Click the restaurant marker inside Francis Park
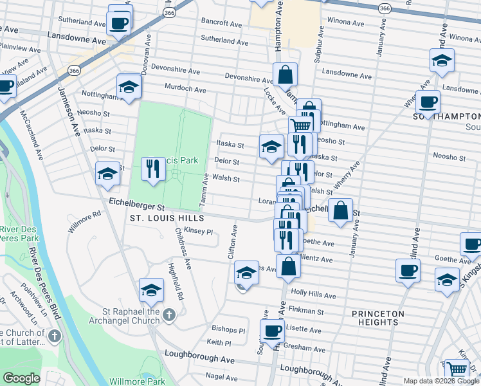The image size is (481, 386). (152, 169)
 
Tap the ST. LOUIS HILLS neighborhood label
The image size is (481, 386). (167, 219)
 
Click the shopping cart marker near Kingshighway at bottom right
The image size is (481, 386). (457, 369)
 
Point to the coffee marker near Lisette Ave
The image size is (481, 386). (273, 331)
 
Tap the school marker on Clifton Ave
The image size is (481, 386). (246, 273)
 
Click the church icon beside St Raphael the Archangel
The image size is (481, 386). (168, 314)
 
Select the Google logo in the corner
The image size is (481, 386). (21, 378)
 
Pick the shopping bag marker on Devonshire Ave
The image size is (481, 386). (285, 75)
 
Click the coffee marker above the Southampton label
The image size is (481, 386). (428, 101)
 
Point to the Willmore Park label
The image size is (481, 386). (138, 381)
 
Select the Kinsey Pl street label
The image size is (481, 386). (198, 231)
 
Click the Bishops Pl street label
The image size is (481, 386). (228, 329)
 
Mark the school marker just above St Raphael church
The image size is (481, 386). (151, 291)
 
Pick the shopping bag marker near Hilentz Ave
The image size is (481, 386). (289, 265)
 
